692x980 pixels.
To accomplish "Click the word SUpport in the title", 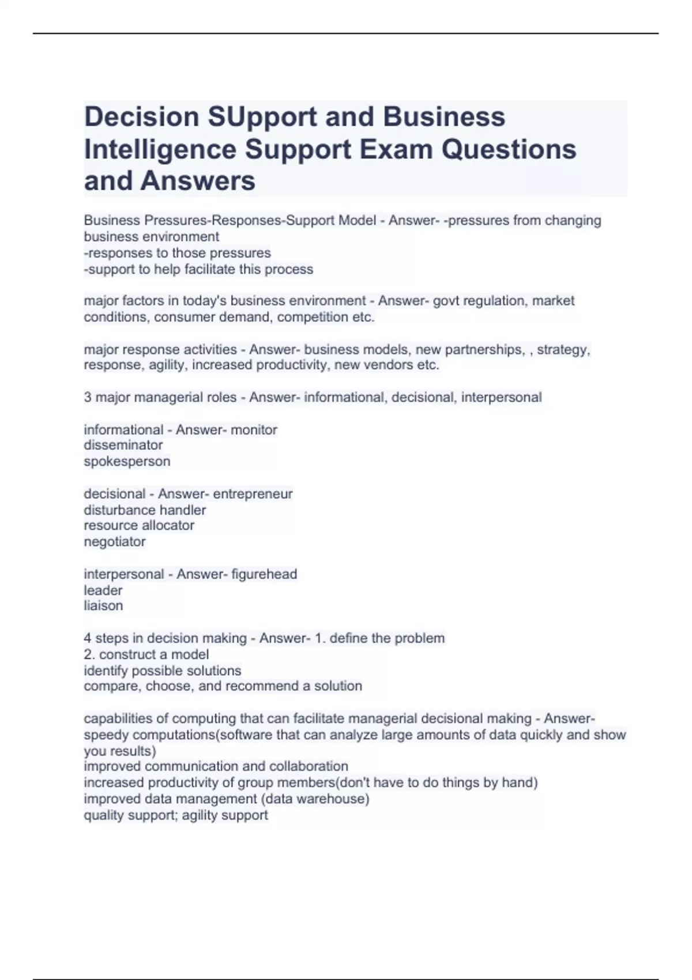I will (x=262, y=117).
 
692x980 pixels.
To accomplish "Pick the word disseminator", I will (x=123, y=445).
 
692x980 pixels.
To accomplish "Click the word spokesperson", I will (x=127, y=461).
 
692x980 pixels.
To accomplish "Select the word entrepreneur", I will (x=253, y=494).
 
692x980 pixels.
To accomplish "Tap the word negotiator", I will (x=114, y=542).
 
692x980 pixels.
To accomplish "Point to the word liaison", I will (x=103, y=606).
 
